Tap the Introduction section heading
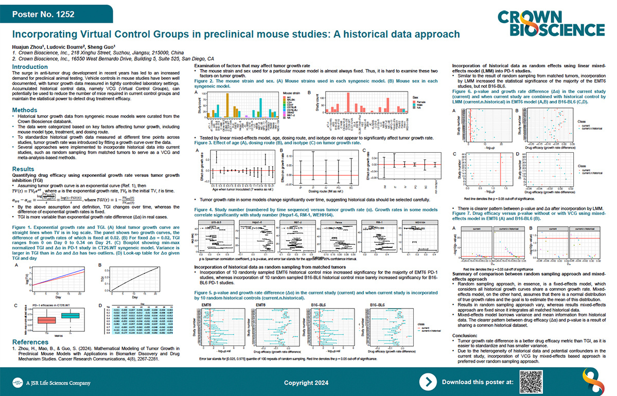coord(30,67)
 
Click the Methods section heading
coord(24,110)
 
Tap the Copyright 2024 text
coord(313,383)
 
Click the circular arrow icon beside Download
coord(428,382)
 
